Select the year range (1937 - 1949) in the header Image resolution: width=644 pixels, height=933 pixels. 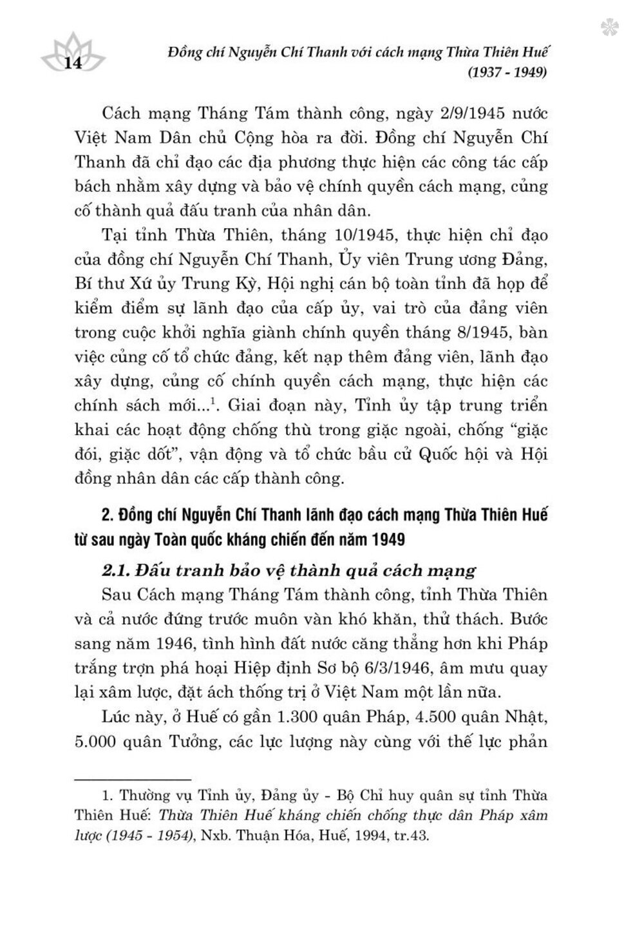(x=506, y=72)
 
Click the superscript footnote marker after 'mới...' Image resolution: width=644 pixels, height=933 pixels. (x=219, y=402)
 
